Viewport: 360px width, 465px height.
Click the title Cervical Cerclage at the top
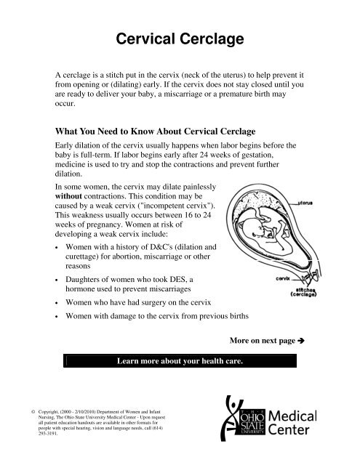pos(179,41)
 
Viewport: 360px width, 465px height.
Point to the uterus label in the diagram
pos(312,206)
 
